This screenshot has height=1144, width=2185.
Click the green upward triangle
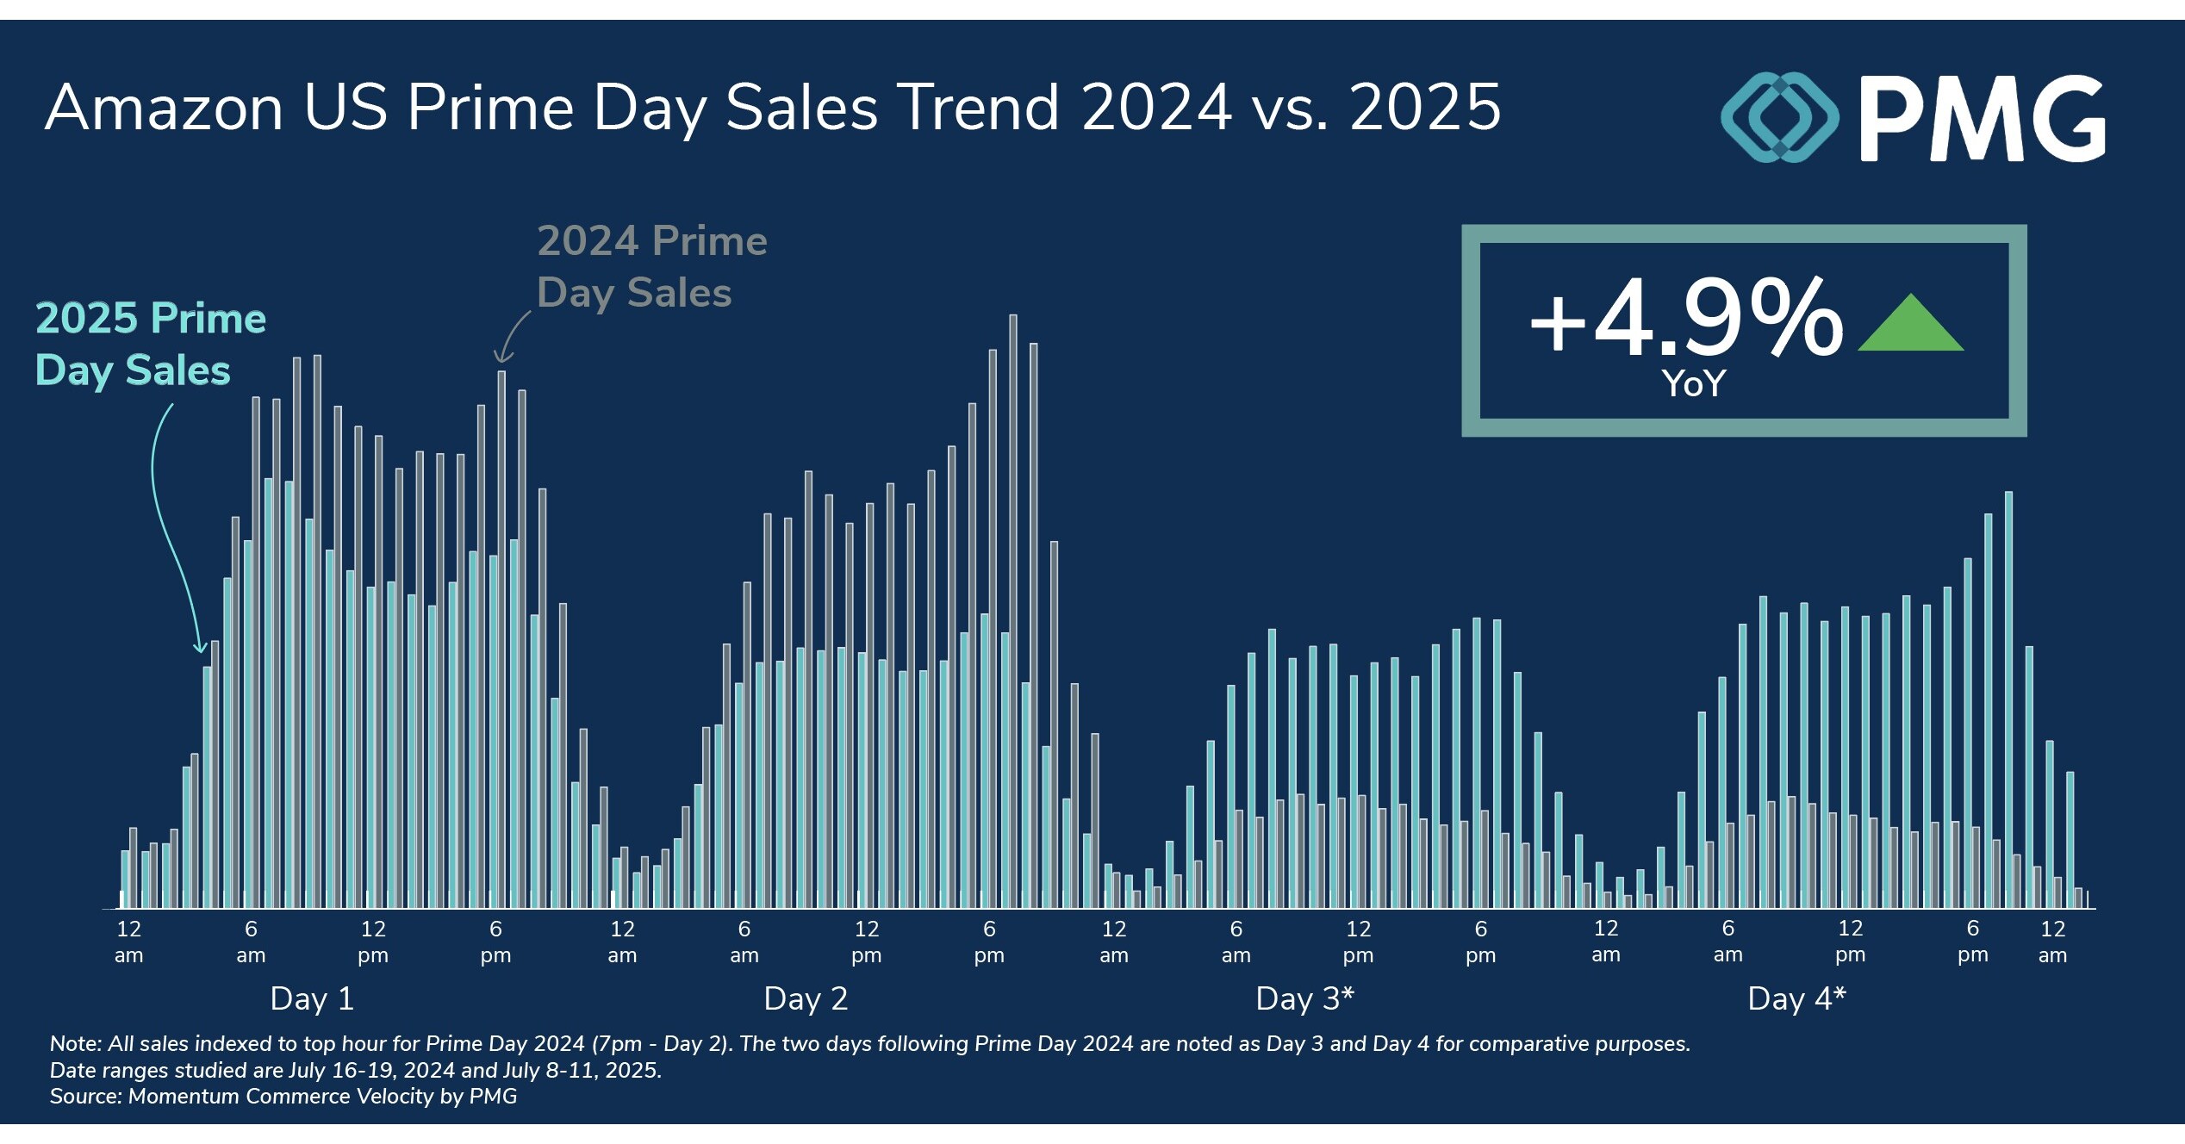(x=1910, y=326)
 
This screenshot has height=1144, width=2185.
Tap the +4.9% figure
(x=1684, y=319)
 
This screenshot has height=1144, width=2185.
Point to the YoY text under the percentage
(x=1693, y=383)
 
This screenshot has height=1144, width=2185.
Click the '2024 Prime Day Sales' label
(x=651, y=266)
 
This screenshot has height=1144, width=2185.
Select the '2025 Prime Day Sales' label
(x=150, y=344)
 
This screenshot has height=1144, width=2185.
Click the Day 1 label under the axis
(x=312, y=998)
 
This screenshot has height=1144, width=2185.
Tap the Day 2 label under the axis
(x=806, y=998)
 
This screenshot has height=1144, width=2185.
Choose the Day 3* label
(x=1304, y=998)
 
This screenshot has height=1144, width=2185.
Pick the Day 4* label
(x=1796, y=998)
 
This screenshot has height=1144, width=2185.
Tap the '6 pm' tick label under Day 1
(x=495, y=942)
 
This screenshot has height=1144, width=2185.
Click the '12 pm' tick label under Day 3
(x=1358, y=942)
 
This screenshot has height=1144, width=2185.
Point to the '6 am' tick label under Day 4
(x=1727, y=942)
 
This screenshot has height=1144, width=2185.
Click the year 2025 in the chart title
(x=1425, y=108)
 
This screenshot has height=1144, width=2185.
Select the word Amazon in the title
(x=164, y=108)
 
